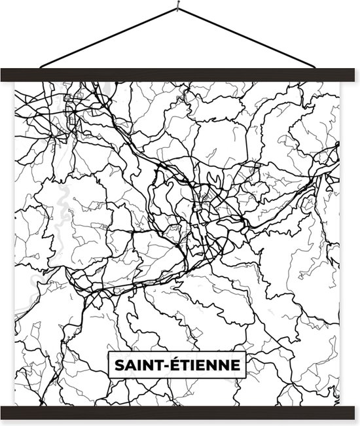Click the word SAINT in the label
[134, 364]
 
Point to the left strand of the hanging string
[108, 39]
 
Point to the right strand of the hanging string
[249, 39]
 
